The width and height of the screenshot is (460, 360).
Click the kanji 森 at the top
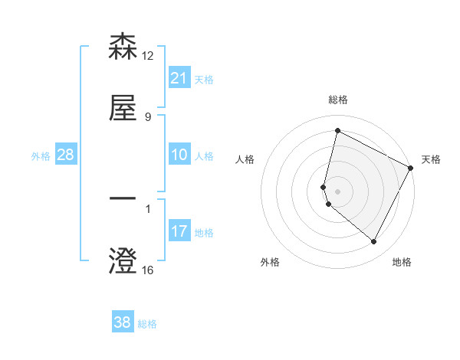coord(123,47)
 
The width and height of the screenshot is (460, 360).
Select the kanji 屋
coord(123,109)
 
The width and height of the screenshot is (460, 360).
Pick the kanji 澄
coord(123,262)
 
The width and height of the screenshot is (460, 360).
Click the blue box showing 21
coord(179,77)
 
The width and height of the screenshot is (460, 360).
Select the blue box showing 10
coord(179,155)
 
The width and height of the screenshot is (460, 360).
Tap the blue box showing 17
coord(179,231)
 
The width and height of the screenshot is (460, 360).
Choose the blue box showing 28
coord(66,155)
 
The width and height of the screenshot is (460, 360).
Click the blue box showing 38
coord(123,322)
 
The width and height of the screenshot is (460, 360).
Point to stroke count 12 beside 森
coord(148,55)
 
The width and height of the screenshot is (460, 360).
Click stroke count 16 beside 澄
coord(148,270)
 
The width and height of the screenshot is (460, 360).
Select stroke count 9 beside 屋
coord(147,116)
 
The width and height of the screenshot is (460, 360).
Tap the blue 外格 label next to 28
coord(41,155)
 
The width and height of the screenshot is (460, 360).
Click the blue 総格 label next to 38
coord(147,323)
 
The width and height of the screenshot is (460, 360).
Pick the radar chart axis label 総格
coord(337,100)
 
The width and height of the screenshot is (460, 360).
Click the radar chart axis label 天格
coord(431,159)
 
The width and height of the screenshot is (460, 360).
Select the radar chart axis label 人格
coord(245,159)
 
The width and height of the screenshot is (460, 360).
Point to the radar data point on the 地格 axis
coord(373,242)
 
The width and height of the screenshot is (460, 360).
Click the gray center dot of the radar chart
coord(337,190)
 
